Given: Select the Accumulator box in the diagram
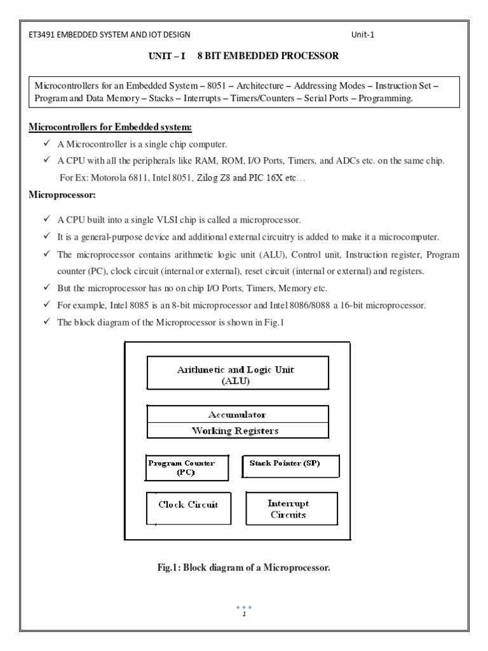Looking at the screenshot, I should [x=238, y=413].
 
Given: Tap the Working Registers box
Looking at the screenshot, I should [x=238, y=430].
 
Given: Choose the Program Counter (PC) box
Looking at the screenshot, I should [x=182, y=467].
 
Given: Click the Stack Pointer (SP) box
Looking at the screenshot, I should [x=290, y=465].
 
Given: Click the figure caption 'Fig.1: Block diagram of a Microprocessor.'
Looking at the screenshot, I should [x=245, y=568].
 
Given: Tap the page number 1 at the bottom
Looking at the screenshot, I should [x=244, y=613].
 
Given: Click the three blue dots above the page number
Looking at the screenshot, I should [x=244, y=606].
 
